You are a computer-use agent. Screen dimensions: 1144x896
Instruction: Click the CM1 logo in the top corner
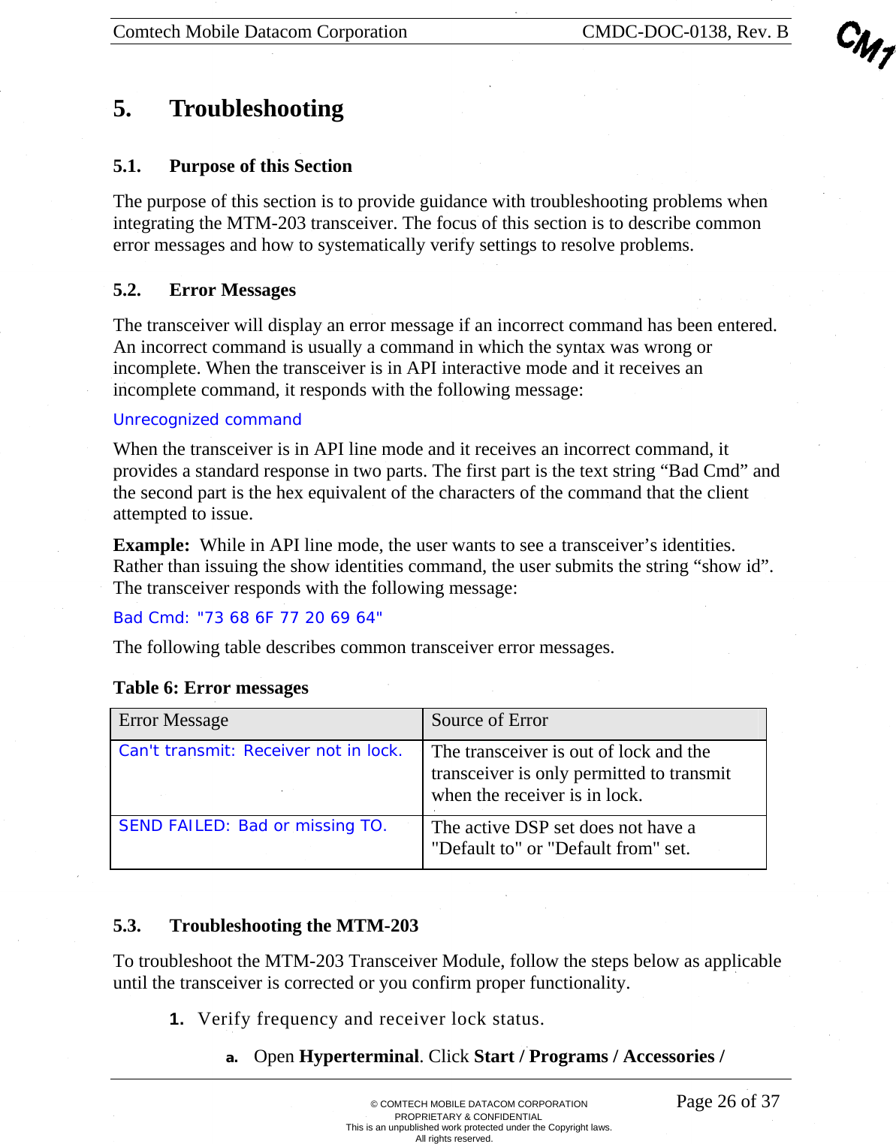pyautogui.click(x=865, y=44)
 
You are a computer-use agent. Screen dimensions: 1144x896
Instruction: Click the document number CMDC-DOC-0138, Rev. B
pyautogui.click(x=684, y=32)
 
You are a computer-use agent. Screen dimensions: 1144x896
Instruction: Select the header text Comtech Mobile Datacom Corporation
pyautogui.click(x=260, y=32)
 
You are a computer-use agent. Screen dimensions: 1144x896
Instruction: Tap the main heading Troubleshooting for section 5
pyautogui.click(x=256, y=109)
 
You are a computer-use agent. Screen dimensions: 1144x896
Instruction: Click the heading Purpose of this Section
pyautogui.click(x=260, y=166)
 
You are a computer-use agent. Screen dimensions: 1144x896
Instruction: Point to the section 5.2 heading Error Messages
pyautogui.click(x=232, y=290)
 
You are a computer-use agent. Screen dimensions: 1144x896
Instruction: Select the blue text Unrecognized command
pyautogui.click(x=207, y=420)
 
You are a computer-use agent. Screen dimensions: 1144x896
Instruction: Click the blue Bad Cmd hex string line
pyautogui.click(x=248, y=618)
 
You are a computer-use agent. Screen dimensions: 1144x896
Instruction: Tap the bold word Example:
pyautogui.click(x=151, y=545)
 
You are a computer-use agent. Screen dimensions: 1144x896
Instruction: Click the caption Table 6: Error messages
pyautogui.click(x=210, y=688)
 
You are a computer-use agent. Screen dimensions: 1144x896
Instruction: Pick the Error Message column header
pyautogui.click(x=173, y=721)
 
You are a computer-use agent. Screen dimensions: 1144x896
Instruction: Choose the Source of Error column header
pyautogui.click(x=489, y=721)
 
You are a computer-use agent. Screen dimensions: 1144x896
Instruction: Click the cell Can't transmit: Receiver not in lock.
pyautogui.click(x=260, y=751)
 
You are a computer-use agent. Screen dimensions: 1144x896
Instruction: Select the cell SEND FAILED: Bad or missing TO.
pyautogui.click(x=252, y=826)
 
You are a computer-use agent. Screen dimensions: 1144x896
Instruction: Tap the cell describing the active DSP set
pyautogui.click(x=563, y=838)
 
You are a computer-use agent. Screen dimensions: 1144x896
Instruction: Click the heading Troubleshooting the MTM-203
pyautogui.click(x=294, y=926)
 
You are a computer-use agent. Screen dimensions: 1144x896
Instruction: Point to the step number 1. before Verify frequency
pyautogui.click(x=176, y=1019)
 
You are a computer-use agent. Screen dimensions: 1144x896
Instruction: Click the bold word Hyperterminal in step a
pyautogui.click(x=358, y=1057)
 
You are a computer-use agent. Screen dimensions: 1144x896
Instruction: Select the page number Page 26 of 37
pyautogui.click(x=727, y=1101)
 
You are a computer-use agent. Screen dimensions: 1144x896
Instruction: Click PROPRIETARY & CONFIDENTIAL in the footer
pyautogui.click(x=468, y=1116)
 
